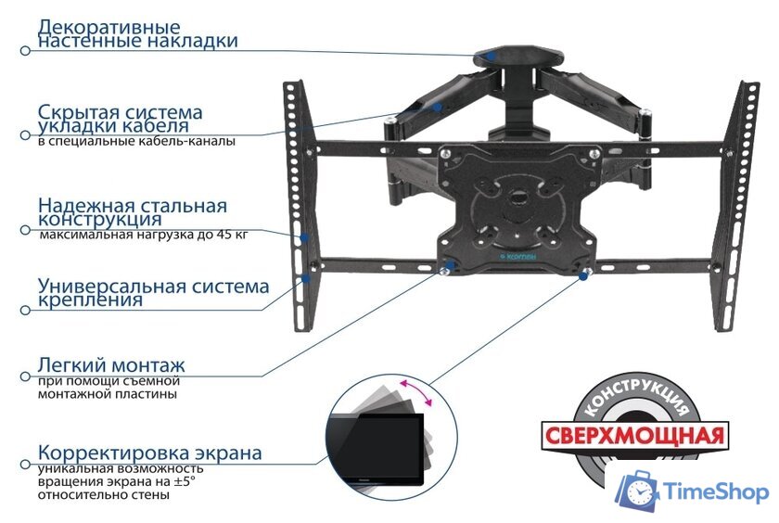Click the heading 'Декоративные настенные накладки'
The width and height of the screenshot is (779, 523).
coord(137,33)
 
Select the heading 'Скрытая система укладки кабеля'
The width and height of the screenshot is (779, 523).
coord(121,118)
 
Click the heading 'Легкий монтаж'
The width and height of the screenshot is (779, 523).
coord(111,364)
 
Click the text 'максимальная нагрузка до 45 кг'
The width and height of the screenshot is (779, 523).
coord(144,236)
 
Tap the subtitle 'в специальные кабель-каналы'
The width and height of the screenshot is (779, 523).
coord(136,142)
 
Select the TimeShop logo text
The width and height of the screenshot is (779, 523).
coord(718,491)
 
